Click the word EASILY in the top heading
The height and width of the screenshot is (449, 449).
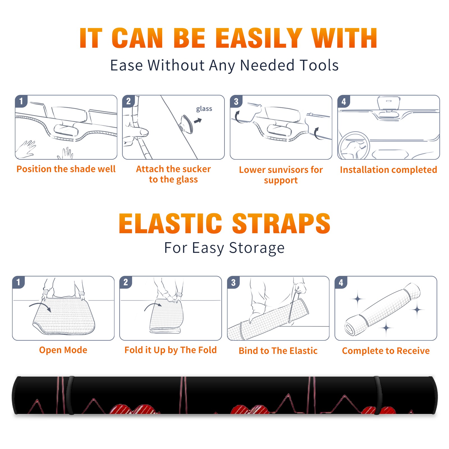pos(259,38)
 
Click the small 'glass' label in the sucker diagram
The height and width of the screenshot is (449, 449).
pos(204,109)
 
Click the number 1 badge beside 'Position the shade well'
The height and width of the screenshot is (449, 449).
pos(21,101)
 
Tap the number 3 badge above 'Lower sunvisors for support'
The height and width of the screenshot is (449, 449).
pos(236,101)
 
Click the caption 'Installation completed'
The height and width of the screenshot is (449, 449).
pos(388,170)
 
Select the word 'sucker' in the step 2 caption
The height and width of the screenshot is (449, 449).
pos(196,169)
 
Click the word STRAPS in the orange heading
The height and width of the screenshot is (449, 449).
pos(281,223)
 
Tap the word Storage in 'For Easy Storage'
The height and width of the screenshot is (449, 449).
pos(257,248)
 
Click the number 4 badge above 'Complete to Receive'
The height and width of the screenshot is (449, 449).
pos(341,282)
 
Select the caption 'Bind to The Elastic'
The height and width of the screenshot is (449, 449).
pos(278,351)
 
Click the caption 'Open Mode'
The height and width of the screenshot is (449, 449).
pos(63,350)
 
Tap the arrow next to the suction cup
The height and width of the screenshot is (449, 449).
pos(198,121)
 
